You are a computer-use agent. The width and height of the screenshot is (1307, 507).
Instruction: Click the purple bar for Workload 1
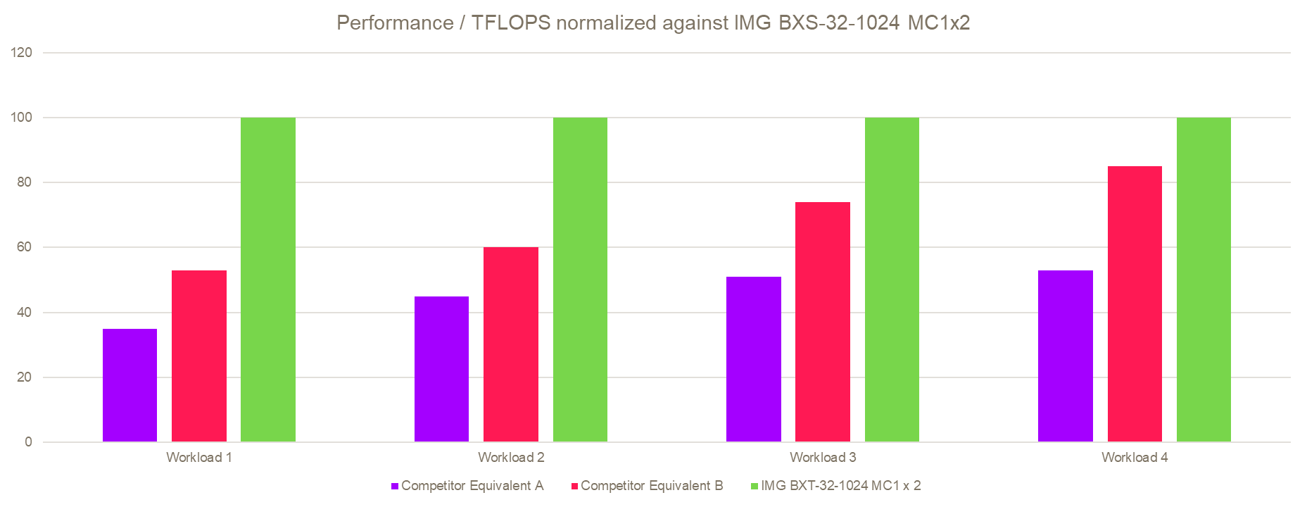coord(130,385)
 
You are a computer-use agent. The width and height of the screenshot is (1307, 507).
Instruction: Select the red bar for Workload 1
coord(199,356)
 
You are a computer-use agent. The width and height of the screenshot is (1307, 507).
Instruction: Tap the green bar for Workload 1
coord(268,280)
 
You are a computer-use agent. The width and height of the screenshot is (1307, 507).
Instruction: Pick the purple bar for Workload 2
coord(441,369)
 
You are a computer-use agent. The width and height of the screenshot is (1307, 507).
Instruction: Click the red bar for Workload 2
coord(511,344)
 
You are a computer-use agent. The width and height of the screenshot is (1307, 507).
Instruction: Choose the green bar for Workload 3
coord(892,280)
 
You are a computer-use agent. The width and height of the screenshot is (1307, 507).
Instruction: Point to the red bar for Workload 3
coord(823,322)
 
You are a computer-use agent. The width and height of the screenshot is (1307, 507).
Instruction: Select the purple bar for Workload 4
coord(1066,356)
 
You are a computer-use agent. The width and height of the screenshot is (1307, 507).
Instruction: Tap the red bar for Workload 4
coord(1135,303)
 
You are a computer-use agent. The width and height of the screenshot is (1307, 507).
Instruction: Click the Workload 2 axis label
coord(511,458)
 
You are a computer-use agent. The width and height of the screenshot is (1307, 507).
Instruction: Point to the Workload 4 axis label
coord(1135,458)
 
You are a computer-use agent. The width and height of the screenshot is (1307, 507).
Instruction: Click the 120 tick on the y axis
coord(22,53)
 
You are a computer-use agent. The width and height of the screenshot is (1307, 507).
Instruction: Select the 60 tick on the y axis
coord(24,247)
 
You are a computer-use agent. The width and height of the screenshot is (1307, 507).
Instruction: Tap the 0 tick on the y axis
coord(28,442)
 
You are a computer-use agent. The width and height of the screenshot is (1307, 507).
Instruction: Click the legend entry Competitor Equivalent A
coord(472,486)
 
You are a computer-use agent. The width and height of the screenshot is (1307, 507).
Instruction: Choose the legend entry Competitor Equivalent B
coord(652,486)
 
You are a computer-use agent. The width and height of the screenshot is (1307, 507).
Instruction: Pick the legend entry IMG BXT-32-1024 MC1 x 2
coord(840,486)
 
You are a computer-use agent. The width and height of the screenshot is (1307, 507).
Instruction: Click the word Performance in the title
coord(395,23)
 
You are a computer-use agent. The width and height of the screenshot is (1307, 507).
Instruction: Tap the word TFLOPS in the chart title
coord(510,23)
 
